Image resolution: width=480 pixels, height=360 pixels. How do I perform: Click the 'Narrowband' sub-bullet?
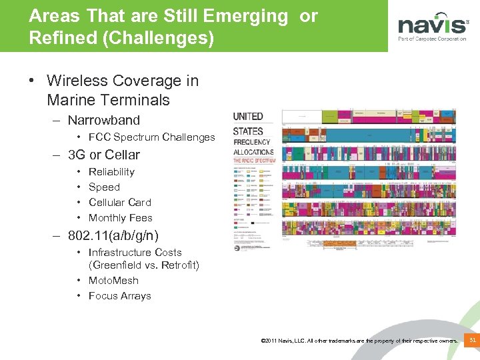point(103,121)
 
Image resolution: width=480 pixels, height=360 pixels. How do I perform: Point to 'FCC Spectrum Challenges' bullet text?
point(151,137)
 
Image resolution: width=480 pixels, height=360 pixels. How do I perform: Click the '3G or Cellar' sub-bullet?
point(103,155)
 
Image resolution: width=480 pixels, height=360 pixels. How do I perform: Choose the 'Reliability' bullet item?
point(111,172)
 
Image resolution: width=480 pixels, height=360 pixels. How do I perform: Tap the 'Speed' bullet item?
point(104,187)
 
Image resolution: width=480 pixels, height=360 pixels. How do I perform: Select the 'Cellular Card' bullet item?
point(119,203)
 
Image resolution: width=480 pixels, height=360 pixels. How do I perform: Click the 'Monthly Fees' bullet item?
point(120,218)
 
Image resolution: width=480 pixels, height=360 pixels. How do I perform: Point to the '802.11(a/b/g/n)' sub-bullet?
point(113,235)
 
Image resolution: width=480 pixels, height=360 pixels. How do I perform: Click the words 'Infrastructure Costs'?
point(135,253)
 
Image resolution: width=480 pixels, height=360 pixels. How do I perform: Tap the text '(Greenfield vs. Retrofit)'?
point(144,265)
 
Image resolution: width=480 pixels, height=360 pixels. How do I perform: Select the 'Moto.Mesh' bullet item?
point(113,281)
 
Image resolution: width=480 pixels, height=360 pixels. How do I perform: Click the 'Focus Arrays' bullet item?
point(119,296)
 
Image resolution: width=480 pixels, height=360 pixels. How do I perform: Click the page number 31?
point(472,341)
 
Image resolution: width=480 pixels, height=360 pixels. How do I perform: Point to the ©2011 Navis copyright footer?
point(360,341)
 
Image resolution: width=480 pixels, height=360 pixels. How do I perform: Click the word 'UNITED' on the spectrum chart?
point(248,117)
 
